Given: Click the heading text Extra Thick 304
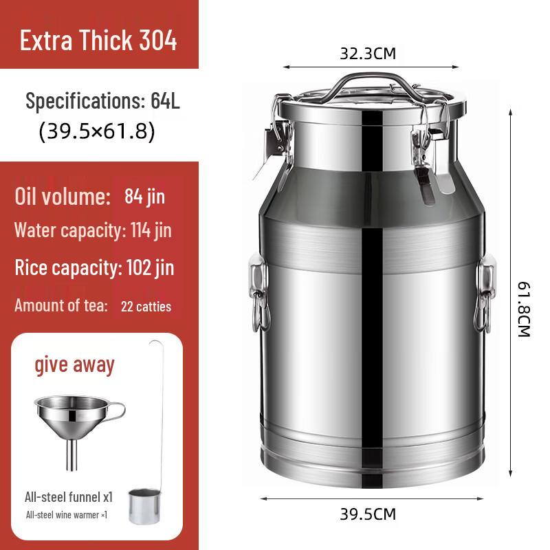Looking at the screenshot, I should (98, 41).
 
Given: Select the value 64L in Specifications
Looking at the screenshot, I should (165, 101).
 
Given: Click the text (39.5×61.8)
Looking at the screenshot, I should (97, 131).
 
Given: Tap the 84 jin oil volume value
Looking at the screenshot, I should (145, 197).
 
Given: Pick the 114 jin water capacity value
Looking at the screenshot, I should (151, 230).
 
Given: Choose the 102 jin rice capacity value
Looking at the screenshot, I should (151, 267).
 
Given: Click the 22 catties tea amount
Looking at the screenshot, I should (146, 306).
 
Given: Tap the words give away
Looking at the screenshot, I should (75, 364).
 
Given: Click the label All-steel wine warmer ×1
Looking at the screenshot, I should (67, 514).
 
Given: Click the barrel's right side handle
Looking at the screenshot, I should (485, 292).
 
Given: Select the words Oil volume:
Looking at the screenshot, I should (63, 197).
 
